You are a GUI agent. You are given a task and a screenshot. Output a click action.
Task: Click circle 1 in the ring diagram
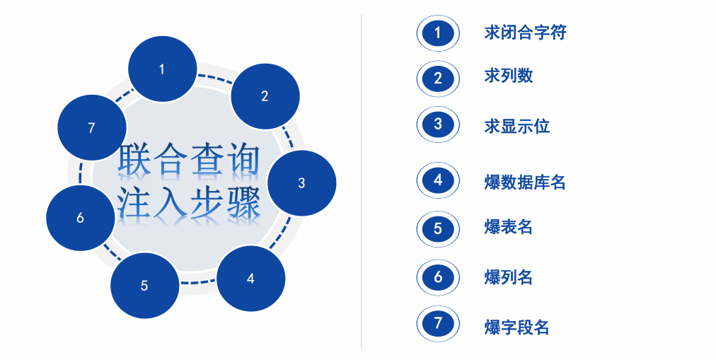[x=162, y=69]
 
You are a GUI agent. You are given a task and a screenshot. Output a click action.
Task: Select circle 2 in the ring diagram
[x=265, y=96]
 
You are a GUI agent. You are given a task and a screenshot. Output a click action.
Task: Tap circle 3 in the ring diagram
[x=301, y=182]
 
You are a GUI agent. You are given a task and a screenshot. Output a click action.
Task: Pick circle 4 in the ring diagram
[x=250, y=278]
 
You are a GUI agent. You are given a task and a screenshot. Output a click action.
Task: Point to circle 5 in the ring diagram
[x=144, y=286]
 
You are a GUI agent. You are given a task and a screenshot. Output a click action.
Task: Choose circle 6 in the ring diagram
[x=80, y=218]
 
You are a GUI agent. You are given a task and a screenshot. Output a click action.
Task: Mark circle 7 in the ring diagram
[x=91, y=127]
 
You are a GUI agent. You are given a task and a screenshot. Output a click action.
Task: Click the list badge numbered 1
[x=438, y=33]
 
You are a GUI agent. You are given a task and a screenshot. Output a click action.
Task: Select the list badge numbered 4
[x=438, y=180]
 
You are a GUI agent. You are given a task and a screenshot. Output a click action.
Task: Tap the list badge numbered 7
[x=438, y=324]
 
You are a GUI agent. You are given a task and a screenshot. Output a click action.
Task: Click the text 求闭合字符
[x=525, y=33]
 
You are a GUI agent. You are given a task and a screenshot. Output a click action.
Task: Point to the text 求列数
[x=509, y=76]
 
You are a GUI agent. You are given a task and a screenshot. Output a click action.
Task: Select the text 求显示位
[x=517, y=127]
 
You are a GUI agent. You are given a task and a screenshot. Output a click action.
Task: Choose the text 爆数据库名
[x=525, y=182]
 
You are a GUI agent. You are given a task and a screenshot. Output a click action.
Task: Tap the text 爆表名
[x=509, y=227]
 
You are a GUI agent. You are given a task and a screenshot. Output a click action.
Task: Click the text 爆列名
[x=509, y=277]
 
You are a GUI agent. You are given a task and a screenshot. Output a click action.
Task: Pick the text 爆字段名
[x=517, y=327]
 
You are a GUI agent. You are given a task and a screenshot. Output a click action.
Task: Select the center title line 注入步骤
[x=188, y=203]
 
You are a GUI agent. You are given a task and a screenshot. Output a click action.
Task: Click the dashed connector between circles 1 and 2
[x=214, y=75]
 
